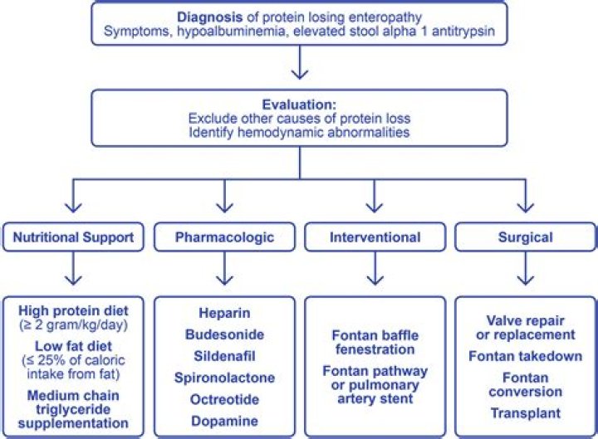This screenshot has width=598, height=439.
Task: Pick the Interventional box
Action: click(375, 237)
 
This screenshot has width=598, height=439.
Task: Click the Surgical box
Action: click(525, 237)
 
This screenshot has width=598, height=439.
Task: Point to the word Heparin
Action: click(223, 314)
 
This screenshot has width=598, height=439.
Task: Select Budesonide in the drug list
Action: click(223, 335)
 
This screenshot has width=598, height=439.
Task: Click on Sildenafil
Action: click(223, 357)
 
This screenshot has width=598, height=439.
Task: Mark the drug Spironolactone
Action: click(223, 378)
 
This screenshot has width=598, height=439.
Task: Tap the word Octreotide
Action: click(223, 400)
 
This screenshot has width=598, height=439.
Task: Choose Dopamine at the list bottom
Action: click(223, 422)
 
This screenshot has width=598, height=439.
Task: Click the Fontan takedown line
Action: click(526, 358)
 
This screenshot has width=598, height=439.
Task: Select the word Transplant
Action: click(526, 412)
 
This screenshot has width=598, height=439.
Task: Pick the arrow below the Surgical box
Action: click(525, 272)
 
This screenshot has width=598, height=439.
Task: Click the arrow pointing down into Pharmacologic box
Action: click(223, 202)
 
